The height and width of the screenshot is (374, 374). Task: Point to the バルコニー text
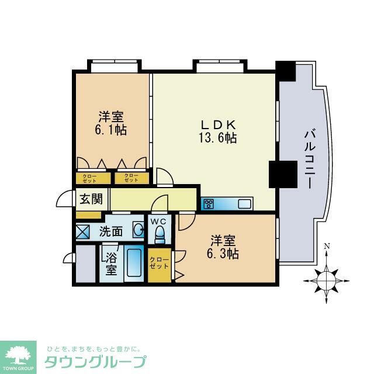pos(308,158)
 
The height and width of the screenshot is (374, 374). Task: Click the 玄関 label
pos(91,199)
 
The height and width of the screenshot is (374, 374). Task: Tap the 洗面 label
pos(110,231)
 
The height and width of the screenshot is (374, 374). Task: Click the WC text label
pos(159,221)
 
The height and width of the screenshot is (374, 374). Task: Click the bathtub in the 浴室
pos(134,264)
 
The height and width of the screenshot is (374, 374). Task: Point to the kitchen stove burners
pos(209,204)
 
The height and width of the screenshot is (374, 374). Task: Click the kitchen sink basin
pos(244,204)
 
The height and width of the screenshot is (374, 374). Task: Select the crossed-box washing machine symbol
pos(83,231)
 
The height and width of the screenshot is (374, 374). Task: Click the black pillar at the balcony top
pos(286,71)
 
